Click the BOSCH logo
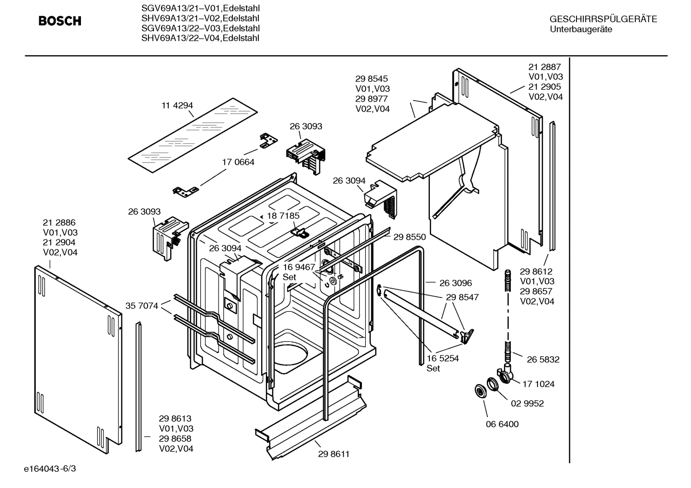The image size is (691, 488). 60,21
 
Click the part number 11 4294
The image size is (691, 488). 177,105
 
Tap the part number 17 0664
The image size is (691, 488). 238,162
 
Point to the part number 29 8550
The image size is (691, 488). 409,237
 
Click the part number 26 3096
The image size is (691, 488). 455,283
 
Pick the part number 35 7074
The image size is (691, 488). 142,306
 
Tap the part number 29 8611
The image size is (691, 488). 334,454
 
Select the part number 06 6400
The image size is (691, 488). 502,424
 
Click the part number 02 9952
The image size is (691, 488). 527,403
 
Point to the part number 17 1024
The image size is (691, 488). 538,384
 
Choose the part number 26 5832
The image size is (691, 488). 543,359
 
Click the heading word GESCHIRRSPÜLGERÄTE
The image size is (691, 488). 603,19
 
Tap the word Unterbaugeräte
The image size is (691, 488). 581,29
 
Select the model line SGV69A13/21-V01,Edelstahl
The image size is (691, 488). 200,8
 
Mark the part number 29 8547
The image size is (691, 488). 462,297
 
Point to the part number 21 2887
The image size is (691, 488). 544,67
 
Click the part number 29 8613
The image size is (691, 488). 175,419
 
